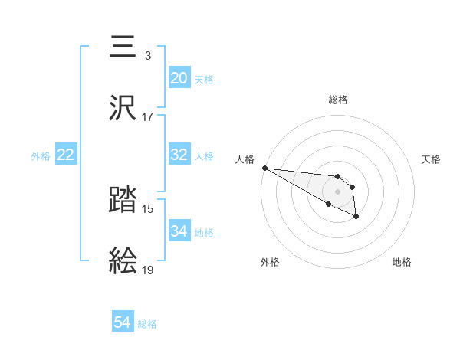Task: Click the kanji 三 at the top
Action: tap(123, 46)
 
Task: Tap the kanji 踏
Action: tap(123, 201)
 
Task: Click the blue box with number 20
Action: tap(179, 77)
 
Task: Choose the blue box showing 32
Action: tap(179, 155)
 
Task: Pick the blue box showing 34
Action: tap(179, 231)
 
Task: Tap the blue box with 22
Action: tap(66, 155)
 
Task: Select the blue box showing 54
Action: tap(123, 322)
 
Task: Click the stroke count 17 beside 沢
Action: tap(148, 117)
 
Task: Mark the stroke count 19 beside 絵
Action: tap(148, 270)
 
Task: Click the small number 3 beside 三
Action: tap(147, 56)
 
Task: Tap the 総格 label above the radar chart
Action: tap(338, 100)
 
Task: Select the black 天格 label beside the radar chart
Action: tap(431, 159)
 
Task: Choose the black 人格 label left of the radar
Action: tap(245, 159)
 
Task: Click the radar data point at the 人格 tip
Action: tap(264, 168)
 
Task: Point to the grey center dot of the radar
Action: tap(338, 191)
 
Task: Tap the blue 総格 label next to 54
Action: tap(147, 323)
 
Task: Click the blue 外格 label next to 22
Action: tap(41, 155)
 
